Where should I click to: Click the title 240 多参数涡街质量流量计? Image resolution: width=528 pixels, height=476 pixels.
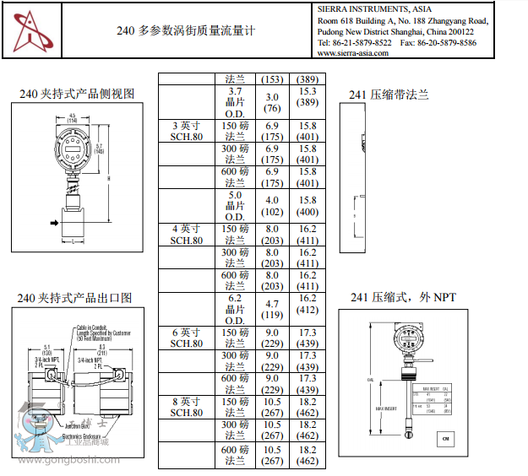point(185,30)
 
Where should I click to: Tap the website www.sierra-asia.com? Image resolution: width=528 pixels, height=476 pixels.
point(352,52)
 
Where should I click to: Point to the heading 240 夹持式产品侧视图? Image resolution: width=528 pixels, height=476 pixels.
point(77,94)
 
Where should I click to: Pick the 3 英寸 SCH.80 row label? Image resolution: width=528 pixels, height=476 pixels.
point(187,131)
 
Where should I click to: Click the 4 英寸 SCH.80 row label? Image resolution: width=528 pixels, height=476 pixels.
point(187,234)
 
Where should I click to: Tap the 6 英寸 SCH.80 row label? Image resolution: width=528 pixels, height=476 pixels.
point(187,338)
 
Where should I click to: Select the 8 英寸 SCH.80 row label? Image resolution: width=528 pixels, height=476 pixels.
point(187,407)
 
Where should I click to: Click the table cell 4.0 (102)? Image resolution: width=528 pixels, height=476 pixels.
point(272,206)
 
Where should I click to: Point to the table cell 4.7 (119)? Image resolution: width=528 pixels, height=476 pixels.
point(272,309)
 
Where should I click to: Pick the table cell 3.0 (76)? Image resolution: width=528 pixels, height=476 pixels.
point(272,102)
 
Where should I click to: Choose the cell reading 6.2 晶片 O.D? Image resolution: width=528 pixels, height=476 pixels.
point(235,309)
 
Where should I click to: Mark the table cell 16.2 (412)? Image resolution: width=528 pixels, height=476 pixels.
point(307,309)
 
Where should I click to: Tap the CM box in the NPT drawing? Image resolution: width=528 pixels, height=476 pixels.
point(446,439)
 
